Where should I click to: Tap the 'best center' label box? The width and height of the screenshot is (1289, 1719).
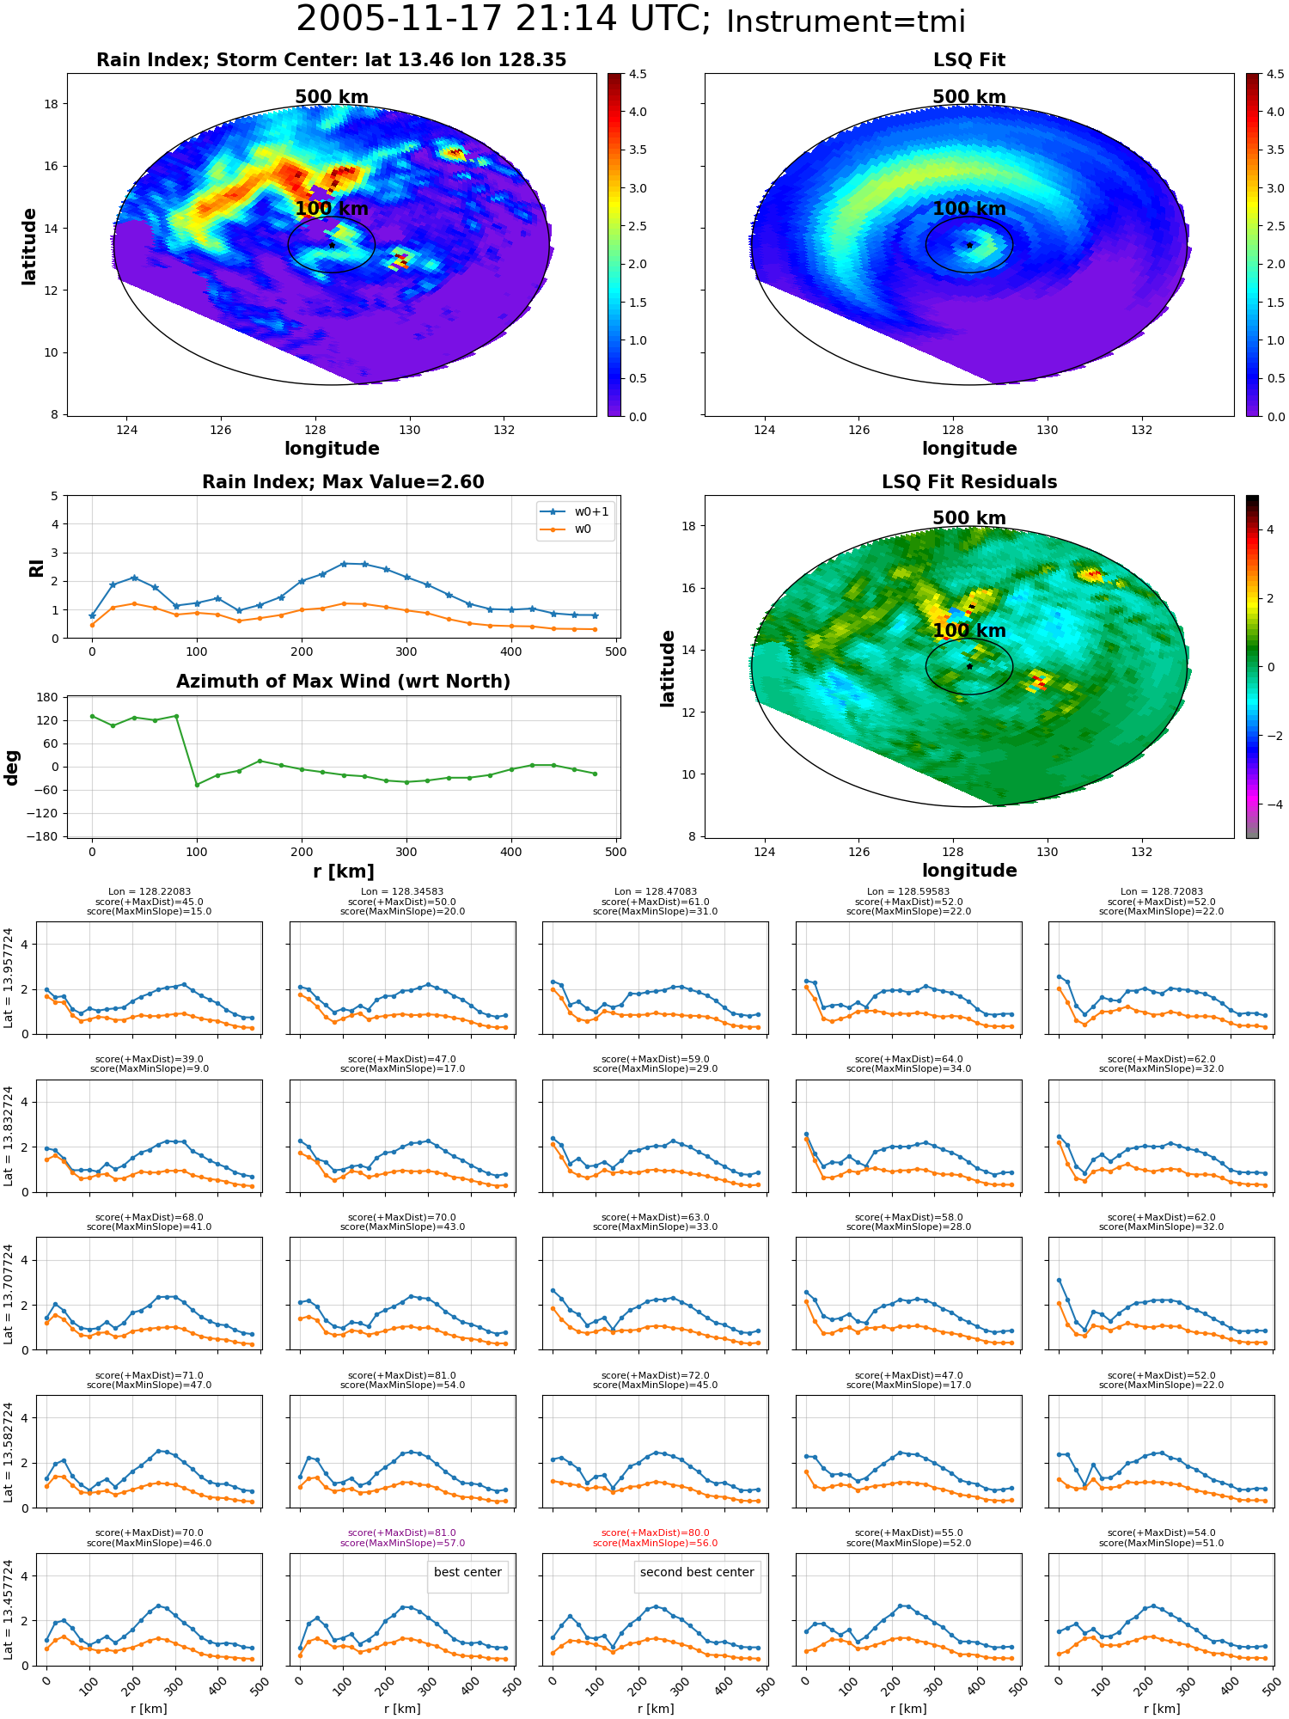click(467, 1572)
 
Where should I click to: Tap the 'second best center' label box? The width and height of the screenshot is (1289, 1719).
click(697, 1572)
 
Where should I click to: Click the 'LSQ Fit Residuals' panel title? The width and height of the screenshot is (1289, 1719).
click(969, 482)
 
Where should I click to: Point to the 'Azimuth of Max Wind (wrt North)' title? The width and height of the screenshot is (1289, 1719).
click(343, 682)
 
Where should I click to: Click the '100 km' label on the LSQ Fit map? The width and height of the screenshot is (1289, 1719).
click(968, 209)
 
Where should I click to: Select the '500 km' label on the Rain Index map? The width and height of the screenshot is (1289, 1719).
click(332, 97)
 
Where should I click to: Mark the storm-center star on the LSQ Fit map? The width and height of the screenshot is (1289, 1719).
click(969, 245)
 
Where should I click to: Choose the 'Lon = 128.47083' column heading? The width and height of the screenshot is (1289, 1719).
click(656, 891)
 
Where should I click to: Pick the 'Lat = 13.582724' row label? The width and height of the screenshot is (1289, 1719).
click(9, 1452)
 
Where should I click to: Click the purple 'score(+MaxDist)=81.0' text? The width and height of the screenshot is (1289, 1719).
click(402, 1532)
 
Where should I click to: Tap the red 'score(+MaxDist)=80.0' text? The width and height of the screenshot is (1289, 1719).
click(656, 1532)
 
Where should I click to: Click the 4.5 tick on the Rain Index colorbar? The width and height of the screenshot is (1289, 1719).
click(638, 75)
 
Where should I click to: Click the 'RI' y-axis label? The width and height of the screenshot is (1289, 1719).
click(36, 567)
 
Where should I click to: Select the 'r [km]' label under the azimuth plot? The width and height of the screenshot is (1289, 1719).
click(344, 872)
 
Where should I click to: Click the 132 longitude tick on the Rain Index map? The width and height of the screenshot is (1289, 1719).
click(504, 430)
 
